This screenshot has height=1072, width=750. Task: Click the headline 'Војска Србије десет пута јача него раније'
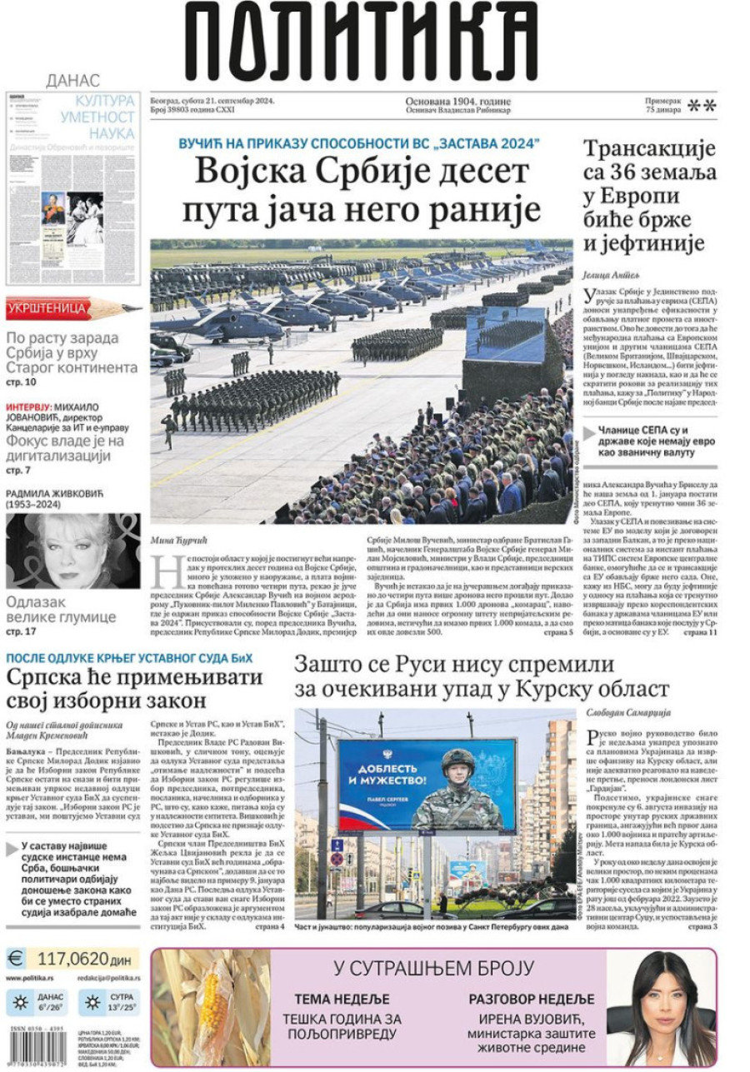362,190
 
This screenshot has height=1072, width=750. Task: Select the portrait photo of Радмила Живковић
72,551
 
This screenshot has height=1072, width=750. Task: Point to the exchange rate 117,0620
72,958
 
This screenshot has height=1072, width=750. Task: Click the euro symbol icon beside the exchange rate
17,958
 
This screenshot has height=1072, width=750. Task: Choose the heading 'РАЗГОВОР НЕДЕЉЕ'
531,1000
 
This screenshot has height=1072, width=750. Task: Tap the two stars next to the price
702,105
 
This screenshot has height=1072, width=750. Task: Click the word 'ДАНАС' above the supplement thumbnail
72,81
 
